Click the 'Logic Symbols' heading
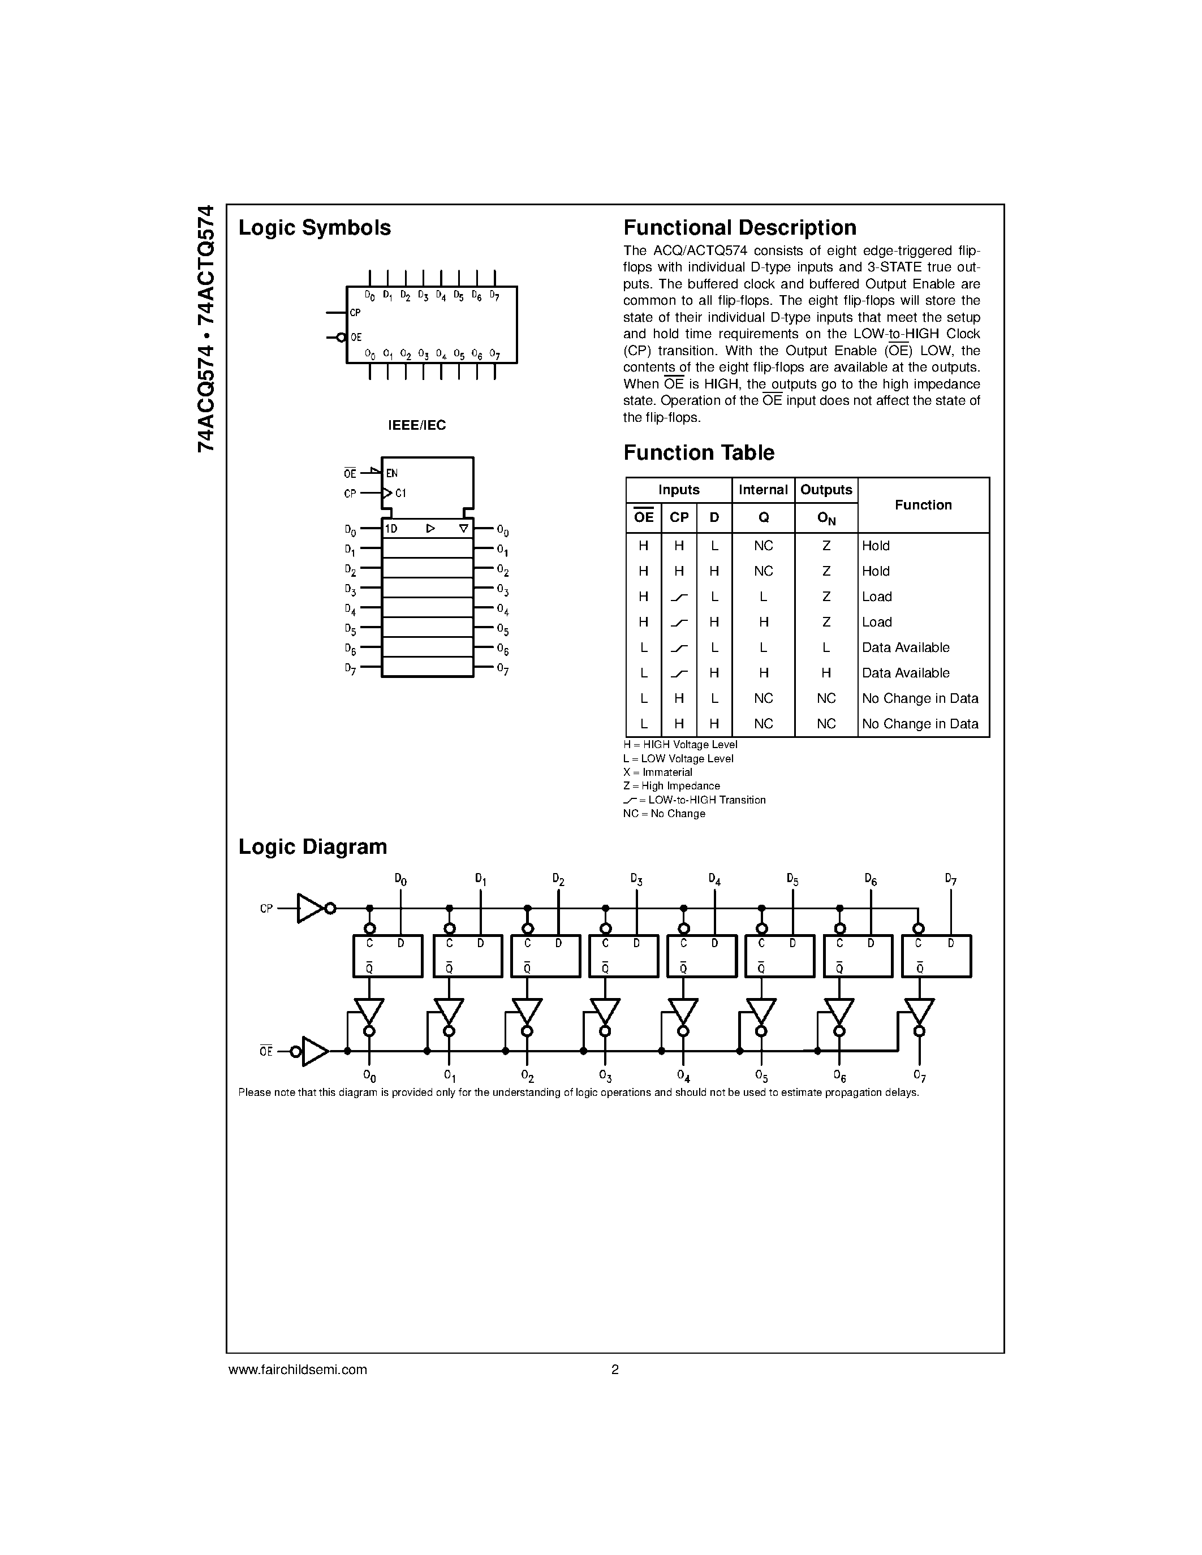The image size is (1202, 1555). (314, 228)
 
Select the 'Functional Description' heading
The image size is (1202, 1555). (740, 228)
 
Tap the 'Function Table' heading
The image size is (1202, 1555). (699, 453)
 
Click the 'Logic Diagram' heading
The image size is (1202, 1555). (313, 846)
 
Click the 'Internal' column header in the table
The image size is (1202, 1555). (762, 490)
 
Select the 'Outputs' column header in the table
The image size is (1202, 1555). (826, 490)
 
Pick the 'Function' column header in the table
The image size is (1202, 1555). (923, 505)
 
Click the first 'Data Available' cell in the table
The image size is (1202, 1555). (905, 647)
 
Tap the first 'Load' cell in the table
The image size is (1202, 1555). (877, 597)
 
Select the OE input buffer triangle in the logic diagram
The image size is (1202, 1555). (314, 1051)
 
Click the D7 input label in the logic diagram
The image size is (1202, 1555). (951, 880)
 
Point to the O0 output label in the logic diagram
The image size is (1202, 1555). (369, 1076)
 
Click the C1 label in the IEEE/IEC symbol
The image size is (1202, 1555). (400, 493)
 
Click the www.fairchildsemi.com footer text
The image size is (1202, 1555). (298, 1369)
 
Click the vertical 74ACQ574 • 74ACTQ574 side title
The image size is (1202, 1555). (206, 329)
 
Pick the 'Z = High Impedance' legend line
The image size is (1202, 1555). (671, 786)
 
